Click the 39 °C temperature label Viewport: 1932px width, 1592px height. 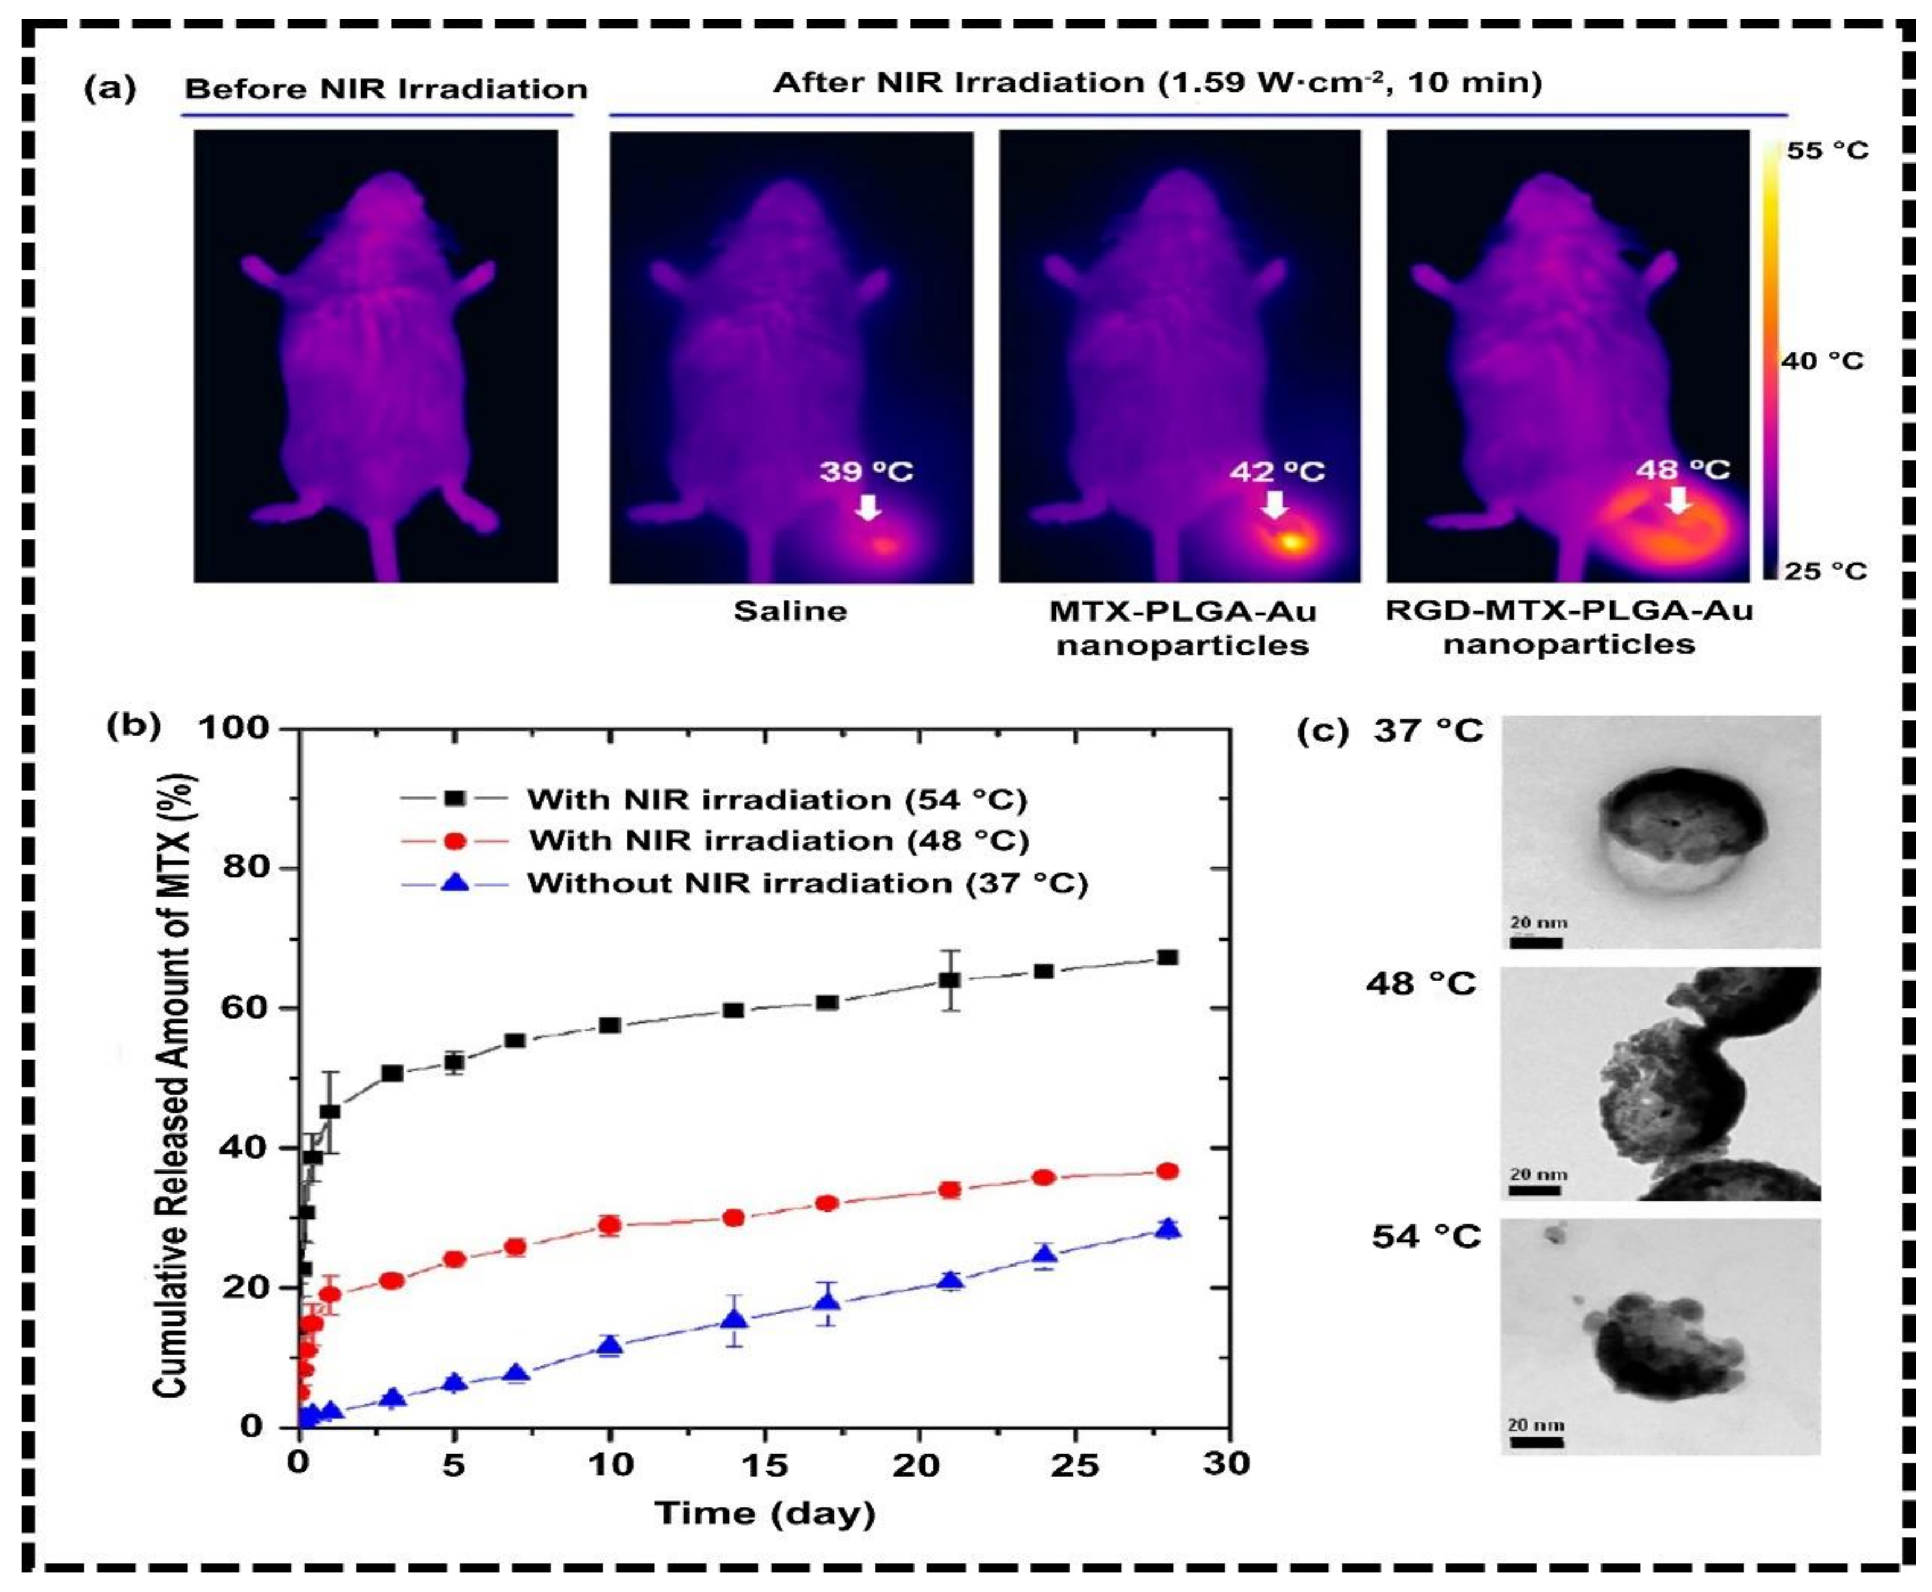pos(866,471)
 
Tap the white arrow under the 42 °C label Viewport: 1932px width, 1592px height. pos(1273,504)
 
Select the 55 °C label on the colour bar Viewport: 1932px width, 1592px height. pos(1826,151)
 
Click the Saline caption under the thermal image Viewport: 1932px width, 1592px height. pos(790,611)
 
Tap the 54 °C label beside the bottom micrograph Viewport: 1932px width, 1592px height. pos(1427,1236)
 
